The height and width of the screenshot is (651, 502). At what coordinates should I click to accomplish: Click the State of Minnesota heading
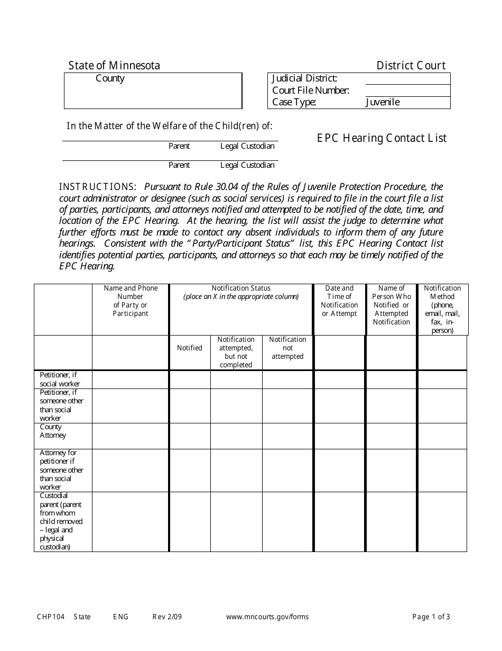114,66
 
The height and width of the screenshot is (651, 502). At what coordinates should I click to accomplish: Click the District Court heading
411,66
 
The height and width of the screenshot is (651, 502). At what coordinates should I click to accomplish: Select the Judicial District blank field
407,78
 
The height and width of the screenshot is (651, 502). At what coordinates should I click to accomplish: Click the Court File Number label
310,91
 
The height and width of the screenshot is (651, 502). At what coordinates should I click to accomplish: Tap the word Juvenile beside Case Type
383,102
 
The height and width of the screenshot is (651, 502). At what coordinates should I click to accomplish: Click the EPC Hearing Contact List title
382,138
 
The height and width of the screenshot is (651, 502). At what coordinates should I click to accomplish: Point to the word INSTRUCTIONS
98,187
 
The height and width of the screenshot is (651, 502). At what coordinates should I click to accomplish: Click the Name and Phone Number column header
131,301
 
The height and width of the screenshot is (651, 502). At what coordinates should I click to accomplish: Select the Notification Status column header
241,292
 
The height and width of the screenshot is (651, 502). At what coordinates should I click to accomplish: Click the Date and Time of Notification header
339,301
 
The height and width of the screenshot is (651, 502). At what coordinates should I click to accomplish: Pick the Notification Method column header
442,309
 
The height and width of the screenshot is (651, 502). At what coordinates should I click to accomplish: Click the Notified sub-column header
190,348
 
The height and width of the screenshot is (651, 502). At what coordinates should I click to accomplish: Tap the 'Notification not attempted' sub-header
287,348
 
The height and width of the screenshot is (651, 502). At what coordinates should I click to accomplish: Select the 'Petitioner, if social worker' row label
60,379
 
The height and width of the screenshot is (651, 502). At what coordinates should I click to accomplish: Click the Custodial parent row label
61,521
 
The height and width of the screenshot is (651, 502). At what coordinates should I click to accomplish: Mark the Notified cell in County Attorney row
190,436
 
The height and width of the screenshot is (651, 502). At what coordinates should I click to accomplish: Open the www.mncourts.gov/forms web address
267,617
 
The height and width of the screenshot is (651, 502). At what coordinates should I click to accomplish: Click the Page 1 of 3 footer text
431,617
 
